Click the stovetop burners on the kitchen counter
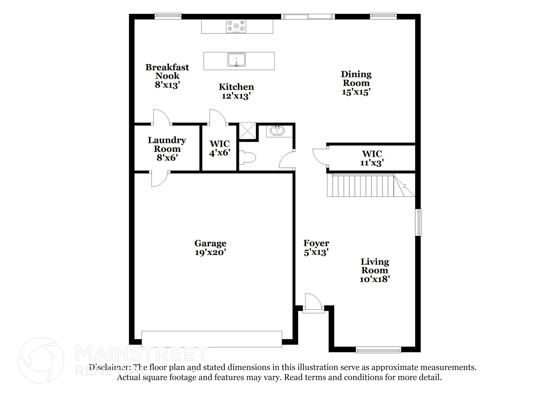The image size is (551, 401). [x=236, y=26]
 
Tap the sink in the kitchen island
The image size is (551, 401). [x=236, y=60]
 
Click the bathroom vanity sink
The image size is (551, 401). [x=277, y=131]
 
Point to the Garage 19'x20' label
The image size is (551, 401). [x=210, y=247]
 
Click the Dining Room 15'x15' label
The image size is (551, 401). [x=356, y=83]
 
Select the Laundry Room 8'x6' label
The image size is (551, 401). [x=167, y=149]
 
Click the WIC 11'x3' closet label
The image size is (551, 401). [x=372, y=158]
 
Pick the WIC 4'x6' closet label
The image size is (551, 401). [x=220, y=148]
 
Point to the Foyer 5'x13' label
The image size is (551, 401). [x=316, y=247]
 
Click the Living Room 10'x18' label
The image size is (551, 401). [x=375, y=270]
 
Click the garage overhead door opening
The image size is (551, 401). [x=212, y=339]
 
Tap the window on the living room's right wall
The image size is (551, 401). [x=418, y=222]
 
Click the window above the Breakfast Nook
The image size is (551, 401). [x=168, y=16]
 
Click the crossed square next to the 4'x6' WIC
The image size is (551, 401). [x=247, y=131]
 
